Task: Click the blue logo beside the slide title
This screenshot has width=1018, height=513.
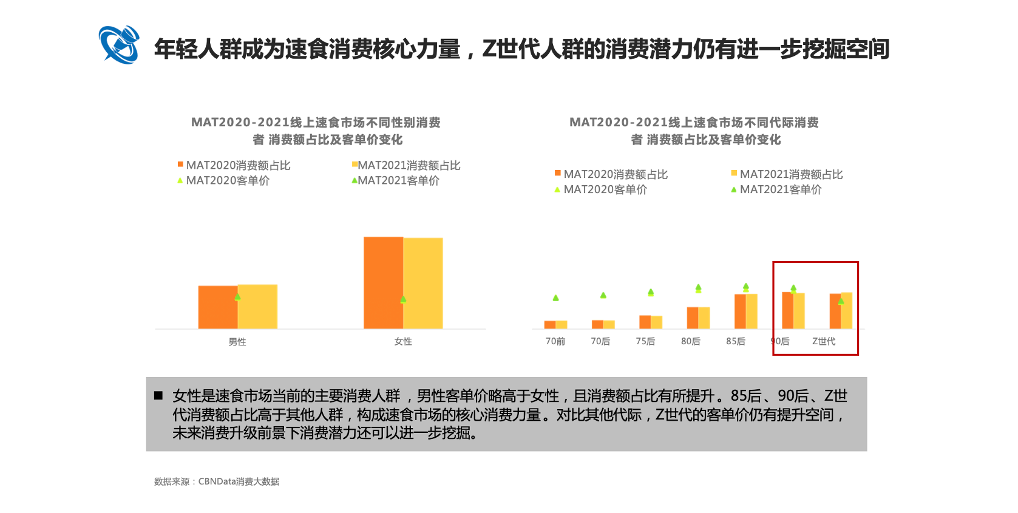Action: [x=119, y=45]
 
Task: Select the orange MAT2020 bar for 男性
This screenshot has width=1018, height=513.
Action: [x=217, y=307]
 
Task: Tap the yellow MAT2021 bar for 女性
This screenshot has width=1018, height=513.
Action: [x=423, y=283]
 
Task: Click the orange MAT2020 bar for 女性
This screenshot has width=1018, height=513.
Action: [x=383, y=282]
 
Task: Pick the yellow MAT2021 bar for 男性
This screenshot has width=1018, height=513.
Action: [x=258, y=307]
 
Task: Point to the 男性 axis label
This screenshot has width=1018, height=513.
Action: [x=237, y=342]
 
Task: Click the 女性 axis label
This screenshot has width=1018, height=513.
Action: [x=403, y=342]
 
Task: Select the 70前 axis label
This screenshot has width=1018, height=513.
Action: [x=555, y=341]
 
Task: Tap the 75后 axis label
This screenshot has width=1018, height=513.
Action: [x=645, y=341]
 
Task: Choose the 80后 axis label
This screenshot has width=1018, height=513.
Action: [x=690, y=341]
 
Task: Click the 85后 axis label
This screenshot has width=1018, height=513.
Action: [x=736, y=341]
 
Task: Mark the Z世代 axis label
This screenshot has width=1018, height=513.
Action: [x=824, y=341]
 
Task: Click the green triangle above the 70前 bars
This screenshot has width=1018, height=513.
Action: [x=555, y=298]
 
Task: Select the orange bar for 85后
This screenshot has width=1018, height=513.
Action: [x=740, y=311]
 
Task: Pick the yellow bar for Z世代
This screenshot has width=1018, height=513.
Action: [x=847, y=310]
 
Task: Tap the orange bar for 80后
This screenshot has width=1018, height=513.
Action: [x=693, y=318]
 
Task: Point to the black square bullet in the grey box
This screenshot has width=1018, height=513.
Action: [x=158, y=396]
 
